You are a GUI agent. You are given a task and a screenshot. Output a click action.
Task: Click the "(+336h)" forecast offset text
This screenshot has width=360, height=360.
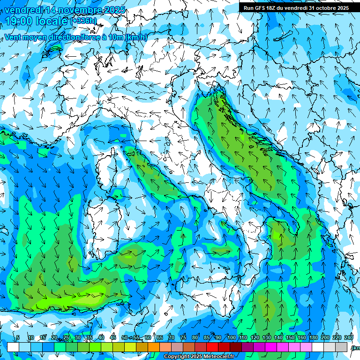pyautogui.click(x=83, y=21)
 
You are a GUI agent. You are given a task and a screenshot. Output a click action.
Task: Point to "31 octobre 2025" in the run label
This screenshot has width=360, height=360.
pyautogui.click(x=329, y=8)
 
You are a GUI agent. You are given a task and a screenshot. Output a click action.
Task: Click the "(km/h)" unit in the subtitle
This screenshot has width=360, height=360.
pyautogui.click(x=136, y=37)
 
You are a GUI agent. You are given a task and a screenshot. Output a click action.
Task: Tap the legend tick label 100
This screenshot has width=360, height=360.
pyautogui.click(x=232, y=337)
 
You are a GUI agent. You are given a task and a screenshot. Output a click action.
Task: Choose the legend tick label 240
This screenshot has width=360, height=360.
pyautogui.click(x=348, y=337)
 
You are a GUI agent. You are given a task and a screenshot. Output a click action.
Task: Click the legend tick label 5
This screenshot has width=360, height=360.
pyautogui.click(x=18, y=337)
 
